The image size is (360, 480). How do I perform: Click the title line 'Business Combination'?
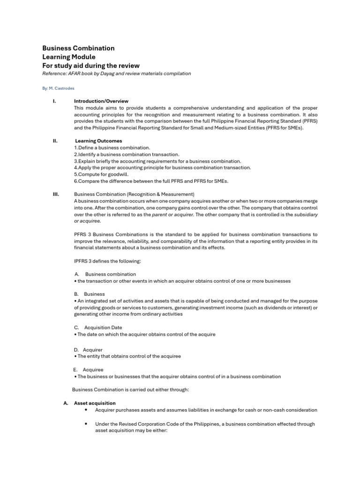78,48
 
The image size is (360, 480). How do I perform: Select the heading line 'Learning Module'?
69,57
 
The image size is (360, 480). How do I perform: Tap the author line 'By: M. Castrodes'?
59,88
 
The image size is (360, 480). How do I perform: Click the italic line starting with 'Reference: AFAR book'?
117,74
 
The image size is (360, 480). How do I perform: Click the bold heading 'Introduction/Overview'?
101,101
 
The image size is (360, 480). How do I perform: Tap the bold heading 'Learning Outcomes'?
98,141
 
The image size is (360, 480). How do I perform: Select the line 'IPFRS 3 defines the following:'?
107,261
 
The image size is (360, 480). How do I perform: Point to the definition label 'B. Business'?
89,294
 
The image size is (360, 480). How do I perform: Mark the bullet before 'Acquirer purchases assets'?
87,410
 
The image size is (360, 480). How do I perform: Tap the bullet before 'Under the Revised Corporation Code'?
87,424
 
